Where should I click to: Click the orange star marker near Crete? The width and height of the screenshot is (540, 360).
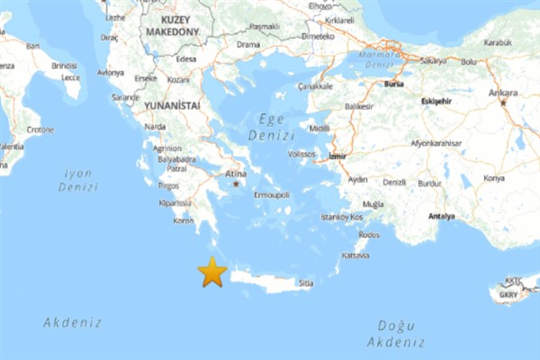212,272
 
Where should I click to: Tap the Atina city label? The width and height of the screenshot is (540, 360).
236,174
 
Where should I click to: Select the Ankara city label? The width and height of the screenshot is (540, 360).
503,93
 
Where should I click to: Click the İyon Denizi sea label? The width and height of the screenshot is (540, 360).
78,179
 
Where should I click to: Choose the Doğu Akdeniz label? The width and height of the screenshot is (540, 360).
396,332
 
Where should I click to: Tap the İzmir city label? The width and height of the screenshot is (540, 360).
337,156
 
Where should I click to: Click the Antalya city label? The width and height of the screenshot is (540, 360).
441,216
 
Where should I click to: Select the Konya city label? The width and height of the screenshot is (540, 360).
494,177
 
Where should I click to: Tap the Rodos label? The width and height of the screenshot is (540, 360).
369,234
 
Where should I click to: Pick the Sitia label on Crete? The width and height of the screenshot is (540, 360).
306,283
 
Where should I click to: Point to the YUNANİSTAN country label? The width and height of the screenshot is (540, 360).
171,104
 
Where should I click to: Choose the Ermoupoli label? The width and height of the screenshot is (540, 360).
272,194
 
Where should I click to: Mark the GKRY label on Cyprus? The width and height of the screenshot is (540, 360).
509,293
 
